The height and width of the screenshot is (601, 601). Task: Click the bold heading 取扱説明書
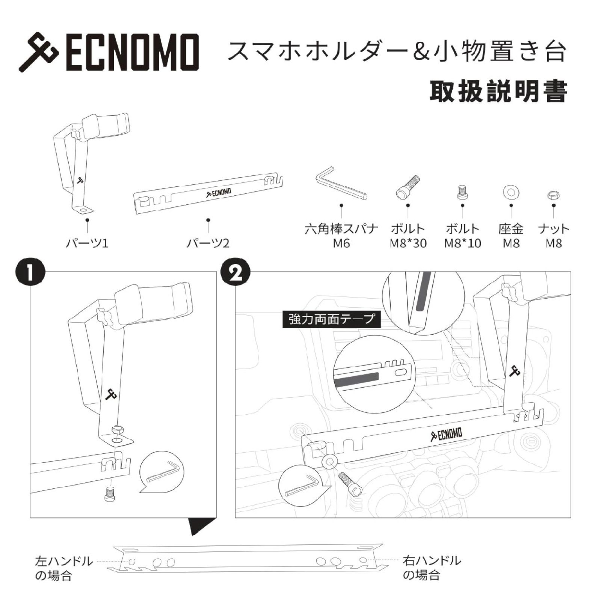[x=498, y=92]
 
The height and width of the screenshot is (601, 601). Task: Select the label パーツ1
[x=87, y=243]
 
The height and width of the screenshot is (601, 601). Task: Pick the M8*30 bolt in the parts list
[x=408, y=187]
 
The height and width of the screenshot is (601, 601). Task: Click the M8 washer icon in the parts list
[x=511, y=192]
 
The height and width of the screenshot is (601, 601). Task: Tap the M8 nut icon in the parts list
[x=553, y=195]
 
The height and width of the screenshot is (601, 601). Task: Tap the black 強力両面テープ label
[x=331, y=320]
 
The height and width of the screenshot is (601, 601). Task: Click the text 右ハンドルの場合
[x=431, y=568]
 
